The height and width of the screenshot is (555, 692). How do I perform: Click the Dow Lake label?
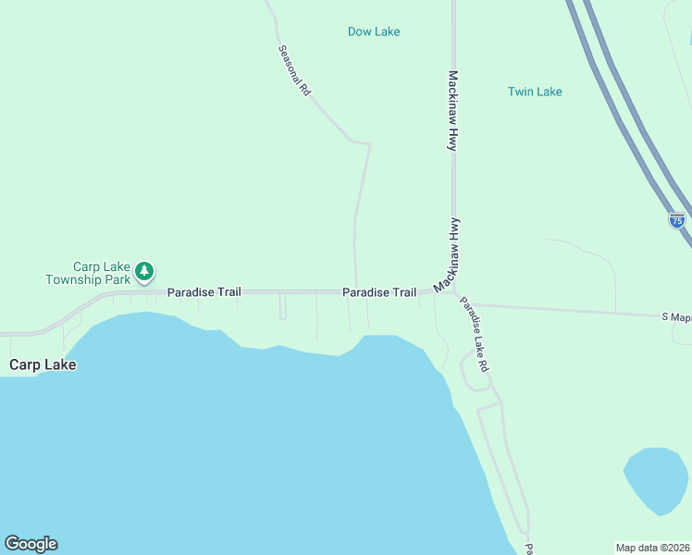(374, 31)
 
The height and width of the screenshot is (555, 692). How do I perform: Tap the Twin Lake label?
(535, 92)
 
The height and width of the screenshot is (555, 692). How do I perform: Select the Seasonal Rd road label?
(294, 72)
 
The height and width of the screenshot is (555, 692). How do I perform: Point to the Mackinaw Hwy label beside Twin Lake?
(453, 111)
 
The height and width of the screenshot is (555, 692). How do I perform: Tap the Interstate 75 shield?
(677, 220)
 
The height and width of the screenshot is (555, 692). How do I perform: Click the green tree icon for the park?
(143, 271)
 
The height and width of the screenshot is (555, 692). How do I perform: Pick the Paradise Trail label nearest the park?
(204, 292)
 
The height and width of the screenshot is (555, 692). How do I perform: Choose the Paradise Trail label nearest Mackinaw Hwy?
(379, 292)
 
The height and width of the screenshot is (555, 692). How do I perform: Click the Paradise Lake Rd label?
(476, 334)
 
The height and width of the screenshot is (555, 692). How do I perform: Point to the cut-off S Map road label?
(677, 316)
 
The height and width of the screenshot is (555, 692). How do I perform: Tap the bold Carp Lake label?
(43, 364)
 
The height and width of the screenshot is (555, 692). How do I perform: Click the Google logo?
(31, 544)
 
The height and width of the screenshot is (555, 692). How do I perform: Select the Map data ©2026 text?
(653, 547)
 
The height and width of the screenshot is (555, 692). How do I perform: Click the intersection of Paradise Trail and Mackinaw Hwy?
(453, 290)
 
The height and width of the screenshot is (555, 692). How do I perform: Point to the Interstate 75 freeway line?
(629, 120)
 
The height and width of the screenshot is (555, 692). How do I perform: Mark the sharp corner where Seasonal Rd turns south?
(369, 144)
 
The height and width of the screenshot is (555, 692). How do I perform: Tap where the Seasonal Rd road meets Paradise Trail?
(356, 291)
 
